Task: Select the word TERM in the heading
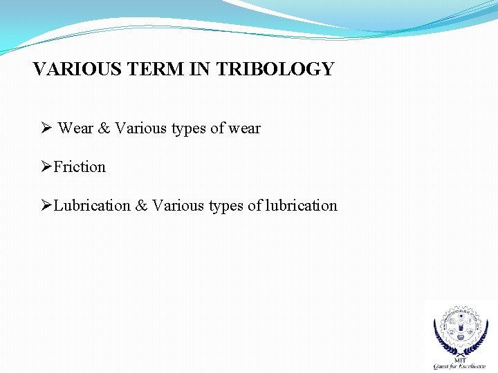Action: coord(143,69)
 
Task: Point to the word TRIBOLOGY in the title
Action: coord(275,69)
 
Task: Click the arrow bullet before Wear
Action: coord(46,128)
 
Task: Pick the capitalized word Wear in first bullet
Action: coord(75,128)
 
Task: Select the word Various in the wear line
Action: coord(141,128)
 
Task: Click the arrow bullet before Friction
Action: coord(46,167)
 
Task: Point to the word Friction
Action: coord(80,167)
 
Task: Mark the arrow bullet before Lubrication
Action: coord(46,206)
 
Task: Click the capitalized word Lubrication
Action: coord(92,206)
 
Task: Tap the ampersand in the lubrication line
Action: coord(141,206)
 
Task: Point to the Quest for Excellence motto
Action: coord(459,366)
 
